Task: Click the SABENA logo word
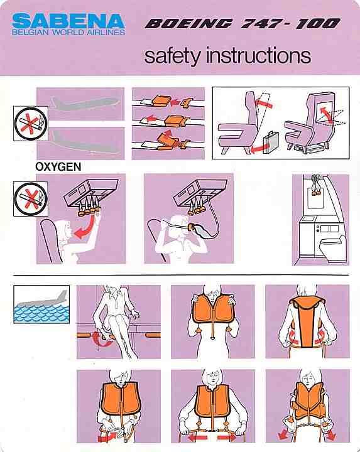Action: pos(68,21)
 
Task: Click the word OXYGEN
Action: pos(58,167)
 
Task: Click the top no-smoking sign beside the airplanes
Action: pos(31,124)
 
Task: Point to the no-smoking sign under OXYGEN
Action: pos(31,199)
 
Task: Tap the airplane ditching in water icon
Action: pos(41,304)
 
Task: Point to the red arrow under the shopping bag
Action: pos(259,148)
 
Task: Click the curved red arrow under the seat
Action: pos(102,340)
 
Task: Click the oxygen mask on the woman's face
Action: pos(192,227)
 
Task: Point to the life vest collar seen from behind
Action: pos(307,305)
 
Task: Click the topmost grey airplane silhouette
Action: pos(85,103)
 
